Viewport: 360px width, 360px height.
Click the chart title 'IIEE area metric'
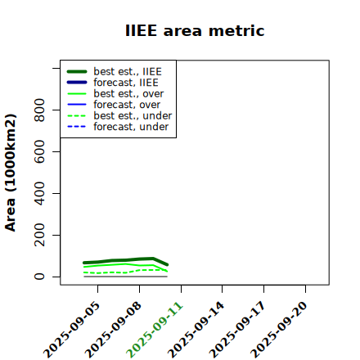click(195, 30)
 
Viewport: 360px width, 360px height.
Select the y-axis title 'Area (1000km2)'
click(11, 173)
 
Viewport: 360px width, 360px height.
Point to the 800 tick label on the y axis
click(39, 110)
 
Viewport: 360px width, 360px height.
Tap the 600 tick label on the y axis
click(39, 151)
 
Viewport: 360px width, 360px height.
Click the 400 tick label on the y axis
click(39, 193)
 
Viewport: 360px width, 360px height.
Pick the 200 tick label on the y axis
click(39, 235)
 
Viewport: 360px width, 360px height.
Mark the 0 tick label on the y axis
click(39, 277)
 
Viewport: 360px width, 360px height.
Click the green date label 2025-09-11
click(154, 330)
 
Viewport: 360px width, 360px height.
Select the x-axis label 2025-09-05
click(71, 330)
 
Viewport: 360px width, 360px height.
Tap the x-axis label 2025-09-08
click(113, 330)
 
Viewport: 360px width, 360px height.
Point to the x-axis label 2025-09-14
click(196, 330)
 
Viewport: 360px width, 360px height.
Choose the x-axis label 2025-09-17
click(237, 330)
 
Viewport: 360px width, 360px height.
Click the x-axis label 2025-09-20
click(278, 330)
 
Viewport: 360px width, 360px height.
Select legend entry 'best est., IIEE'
click(115, 71)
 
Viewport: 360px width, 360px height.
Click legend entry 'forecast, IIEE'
click(112, 83)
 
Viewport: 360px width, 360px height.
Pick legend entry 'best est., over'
click(115, 93)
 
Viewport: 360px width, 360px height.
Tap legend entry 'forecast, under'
click(118, 127)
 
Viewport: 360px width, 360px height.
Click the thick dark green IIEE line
click(126, 260)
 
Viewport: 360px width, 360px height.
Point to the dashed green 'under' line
click(126, 272)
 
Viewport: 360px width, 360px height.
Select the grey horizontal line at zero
click(126, 277)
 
